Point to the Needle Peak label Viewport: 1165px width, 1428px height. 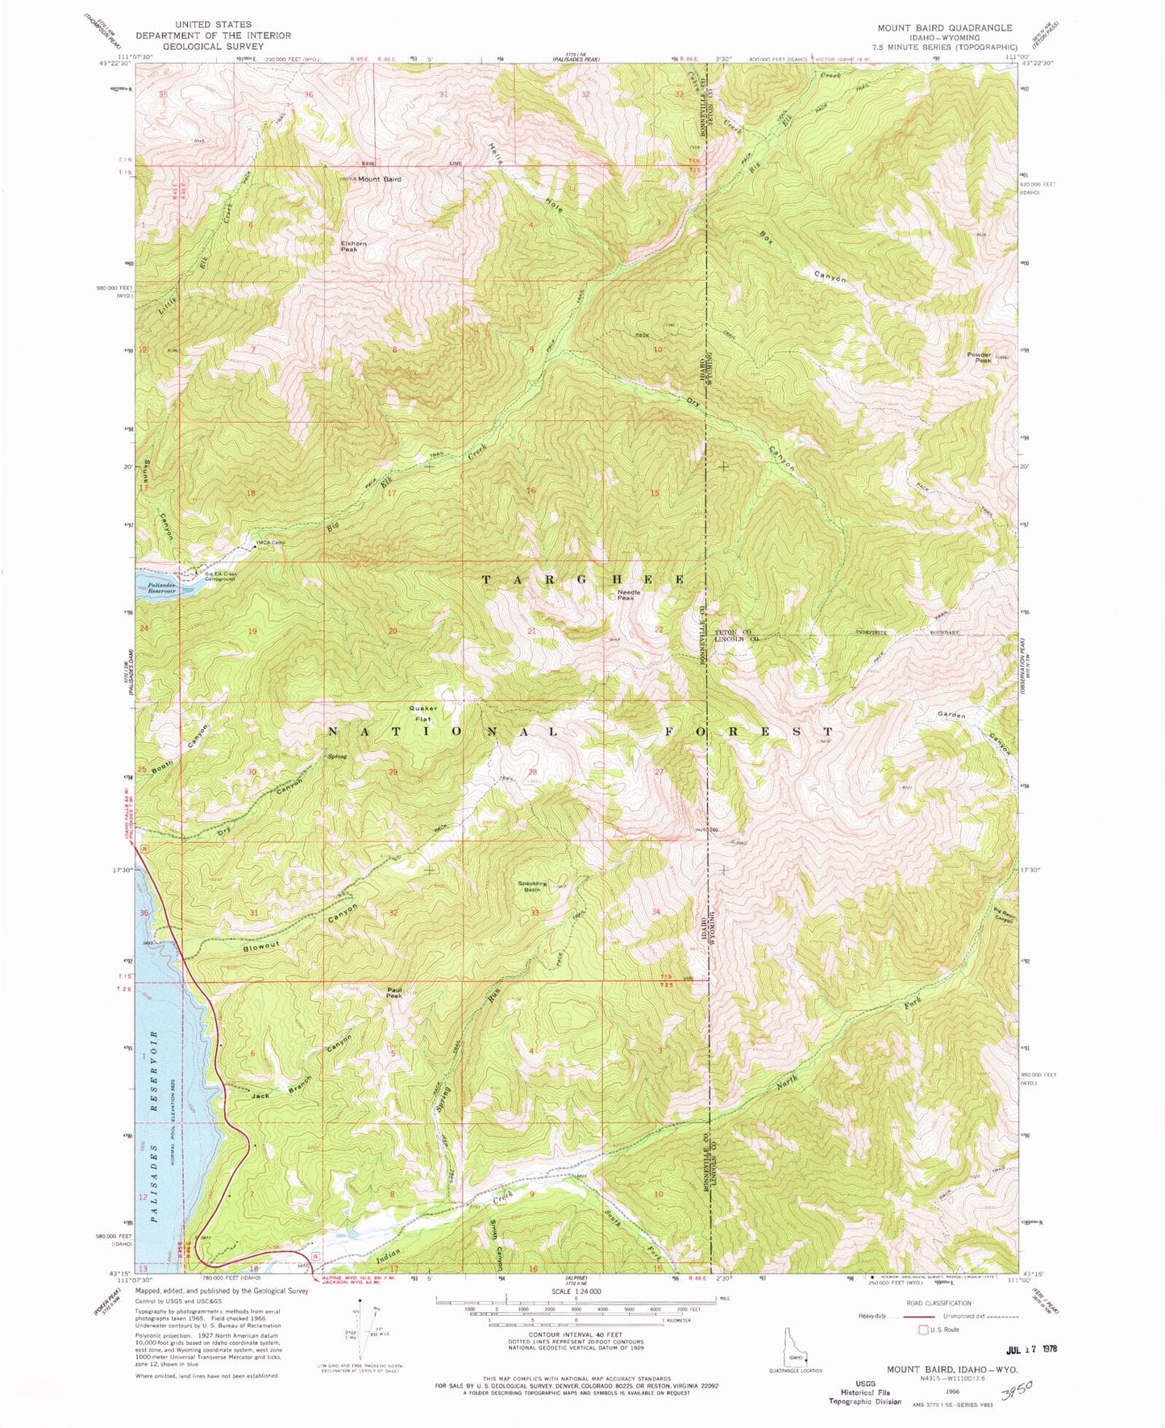click(x=626, y=595)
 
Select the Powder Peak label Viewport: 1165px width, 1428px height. click(x=980, y=358)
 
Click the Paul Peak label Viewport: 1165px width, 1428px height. click(x=393, y=995)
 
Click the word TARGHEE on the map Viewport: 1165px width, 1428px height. click(x=585, y=580)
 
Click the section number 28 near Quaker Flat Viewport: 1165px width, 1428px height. click(x=532, y=772)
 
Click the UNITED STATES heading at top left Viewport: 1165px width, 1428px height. click(x=212, y=25)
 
